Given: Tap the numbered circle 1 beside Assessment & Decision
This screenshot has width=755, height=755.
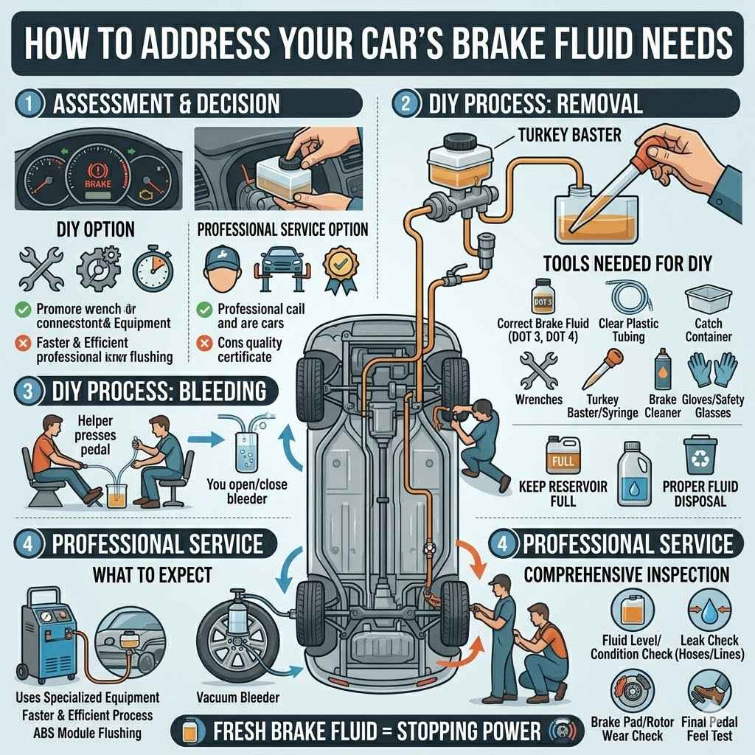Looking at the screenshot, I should coord(28,103).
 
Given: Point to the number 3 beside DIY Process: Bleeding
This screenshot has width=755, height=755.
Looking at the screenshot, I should coord(28,391).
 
